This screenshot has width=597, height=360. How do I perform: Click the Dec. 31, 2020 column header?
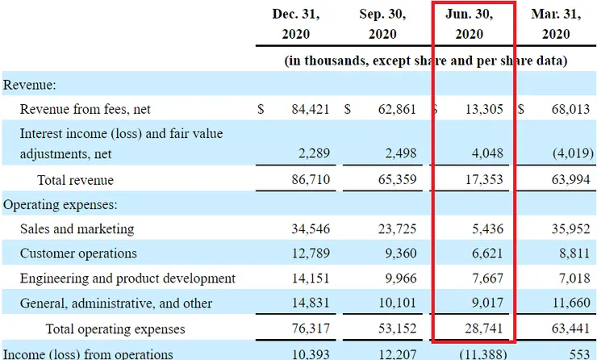click(x=296, y=24)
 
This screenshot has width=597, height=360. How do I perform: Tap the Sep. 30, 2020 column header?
click(x=383, y=24)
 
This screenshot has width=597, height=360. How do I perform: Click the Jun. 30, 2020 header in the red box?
click(x=470, y=24)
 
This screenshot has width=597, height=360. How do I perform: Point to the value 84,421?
click(x=310, y=109)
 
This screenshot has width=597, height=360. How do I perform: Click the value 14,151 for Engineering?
click(x=310, y=278)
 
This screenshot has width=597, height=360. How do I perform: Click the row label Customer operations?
click(x=78, y=253)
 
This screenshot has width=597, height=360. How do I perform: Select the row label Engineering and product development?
click(x=127, y=278)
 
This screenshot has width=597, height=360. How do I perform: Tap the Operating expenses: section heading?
click(x=61, y=205)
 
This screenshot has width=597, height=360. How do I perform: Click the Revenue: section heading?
click(x=29, y=84)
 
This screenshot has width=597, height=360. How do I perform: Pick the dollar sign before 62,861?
click(x=348, y=109)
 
